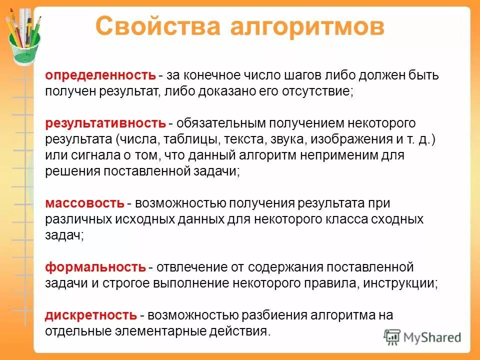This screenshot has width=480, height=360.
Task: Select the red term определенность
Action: [x=100, y=75]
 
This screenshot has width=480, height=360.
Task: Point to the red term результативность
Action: [x=105, y=123]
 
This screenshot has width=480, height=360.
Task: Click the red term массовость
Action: [x=85, y=203]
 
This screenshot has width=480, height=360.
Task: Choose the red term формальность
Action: [x=95, y=267]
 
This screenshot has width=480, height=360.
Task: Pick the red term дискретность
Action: [x=91, y=315]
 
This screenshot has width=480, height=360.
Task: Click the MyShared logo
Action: [x=422, y=337]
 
